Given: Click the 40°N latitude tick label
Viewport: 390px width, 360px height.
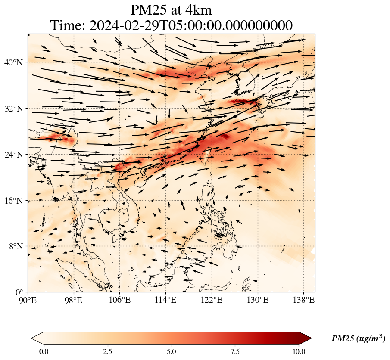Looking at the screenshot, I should pyautogui.click(x=13, y=62).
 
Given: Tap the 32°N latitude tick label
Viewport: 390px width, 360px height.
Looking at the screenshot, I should pyautogui.click(x=13, y=109).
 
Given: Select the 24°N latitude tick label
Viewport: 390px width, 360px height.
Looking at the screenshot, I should pyautogui.click(x=13, y=155).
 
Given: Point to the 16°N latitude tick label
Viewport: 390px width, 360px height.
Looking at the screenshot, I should pyautogui.click(x=13, y=201).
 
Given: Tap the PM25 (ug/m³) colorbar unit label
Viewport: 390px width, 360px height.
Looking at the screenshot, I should pyautogui.click(x=358, y=339).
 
